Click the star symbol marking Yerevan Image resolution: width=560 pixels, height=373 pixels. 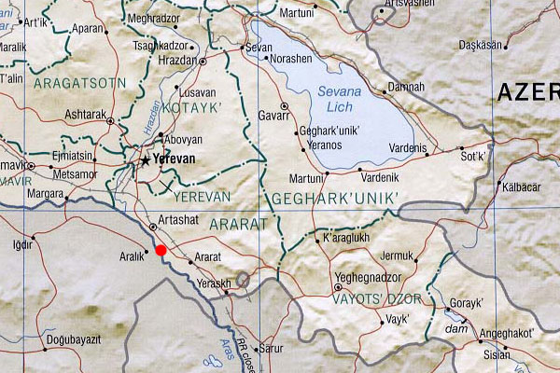[145, 160]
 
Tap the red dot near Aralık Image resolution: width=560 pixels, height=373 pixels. [161, 250]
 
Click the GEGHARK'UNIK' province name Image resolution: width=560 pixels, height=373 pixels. [334, 198]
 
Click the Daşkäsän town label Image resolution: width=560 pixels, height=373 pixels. [480, 45]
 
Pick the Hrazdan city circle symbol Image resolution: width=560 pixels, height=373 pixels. [203, 62]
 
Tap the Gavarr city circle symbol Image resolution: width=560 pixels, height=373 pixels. [284, 106]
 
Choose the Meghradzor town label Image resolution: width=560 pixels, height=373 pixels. [152, 18]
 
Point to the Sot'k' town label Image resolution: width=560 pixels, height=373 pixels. [472, 158]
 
